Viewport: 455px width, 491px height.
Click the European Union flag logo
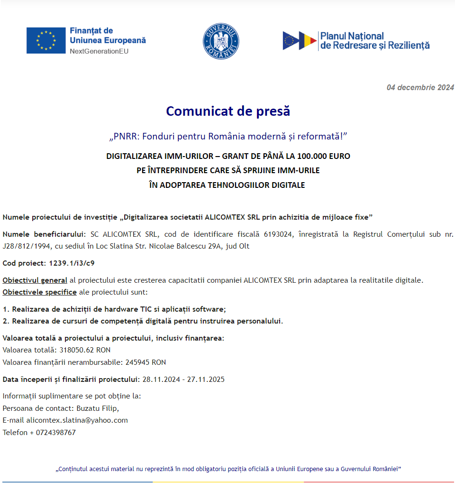tap(46, 40)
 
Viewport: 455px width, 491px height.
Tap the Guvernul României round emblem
tap(221, 42)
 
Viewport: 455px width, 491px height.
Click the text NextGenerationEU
tap(99, 51)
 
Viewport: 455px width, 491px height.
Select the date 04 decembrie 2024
tap(420, 87)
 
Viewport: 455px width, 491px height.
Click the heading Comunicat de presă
tap(227, 111)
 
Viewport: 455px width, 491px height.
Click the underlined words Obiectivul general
tap(35, 280)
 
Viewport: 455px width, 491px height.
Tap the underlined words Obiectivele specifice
tap(39, 292)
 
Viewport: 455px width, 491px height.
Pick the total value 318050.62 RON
tap(85, 350)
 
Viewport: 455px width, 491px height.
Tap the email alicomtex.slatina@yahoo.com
tap(77, 420)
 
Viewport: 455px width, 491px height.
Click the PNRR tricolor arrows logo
tap(300, 41)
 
